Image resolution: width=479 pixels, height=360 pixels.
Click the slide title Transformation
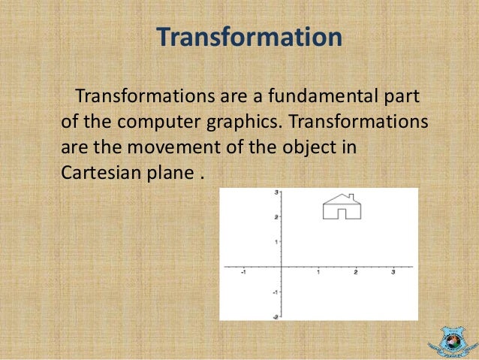249,38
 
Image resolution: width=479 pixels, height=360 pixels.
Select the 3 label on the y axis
276,193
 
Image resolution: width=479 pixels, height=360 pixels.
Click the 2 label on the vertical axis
276,217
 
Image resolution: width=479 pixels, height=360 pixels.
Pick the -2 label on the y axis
276,316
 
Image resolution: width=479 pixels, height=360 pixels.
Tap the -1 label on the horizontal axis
243,274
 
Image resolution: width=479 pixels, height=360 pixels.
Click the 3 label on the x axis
393,274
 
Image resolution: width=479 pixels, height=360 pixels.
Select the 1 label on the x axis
318,274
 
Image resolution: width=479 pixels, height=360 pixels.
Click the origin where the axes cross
282,267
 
